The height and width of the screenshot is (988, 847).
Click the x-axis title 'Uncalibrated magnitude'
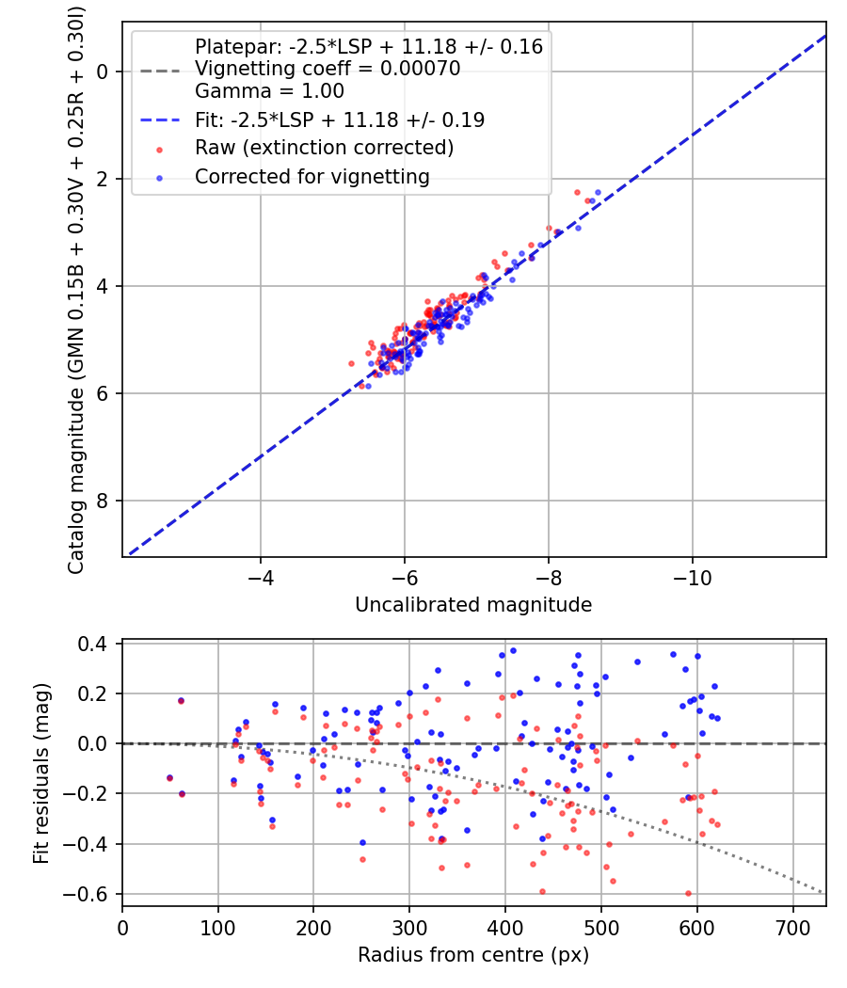(x=473, y=605)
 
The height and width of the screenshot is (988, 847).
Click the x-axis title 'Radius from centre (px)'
(x=473, y=955)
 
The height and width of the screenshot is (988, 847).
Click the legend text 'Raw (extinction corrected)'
(x=325, y=148)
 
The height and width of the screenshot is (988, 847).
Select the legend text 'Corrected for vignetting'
(x=312, y=176)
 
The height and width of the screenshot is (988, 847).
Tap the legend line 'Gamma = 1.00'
(x=269, y=91)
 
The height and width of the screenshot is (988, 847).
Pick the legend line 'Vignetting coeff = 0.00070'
(x=328, y=69)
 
